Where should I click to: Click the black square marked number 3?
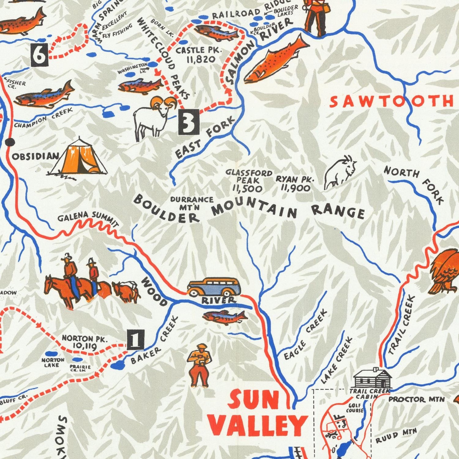coord(189,122)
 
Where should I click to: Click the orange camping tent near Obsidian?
coord(78,158)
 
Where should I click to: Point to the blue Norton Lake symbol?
coord(51,353)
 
